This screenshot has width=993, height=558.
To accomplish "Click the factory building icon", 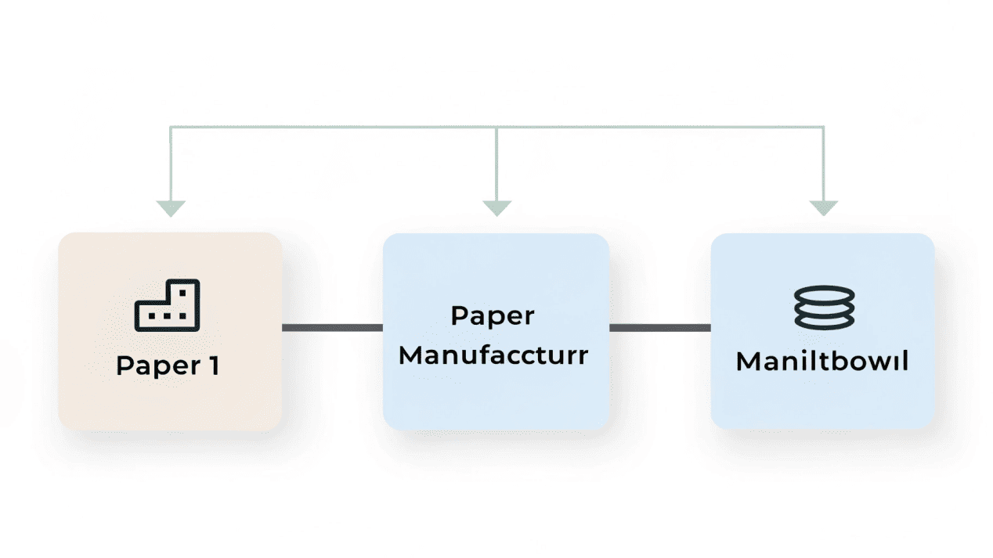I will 168,304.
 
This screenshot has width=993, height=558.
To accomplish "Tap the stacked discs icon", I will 823,307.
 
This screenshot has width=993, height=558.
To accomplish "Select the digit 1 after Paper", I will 213,365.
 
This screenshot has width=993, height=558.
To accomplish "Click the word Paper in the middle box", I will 493,316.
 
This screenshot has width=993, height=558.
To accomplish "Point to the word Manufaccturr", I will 493,355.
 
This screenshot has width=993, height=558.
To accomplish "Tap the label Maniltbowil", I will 822,362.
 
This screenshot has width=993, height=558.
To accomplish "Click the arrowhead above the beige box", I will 171,208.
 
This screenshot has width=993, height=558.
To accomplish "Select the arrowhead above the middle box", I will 496,208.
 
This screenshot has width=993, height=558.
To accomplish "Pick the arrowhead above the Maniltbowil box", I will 823,208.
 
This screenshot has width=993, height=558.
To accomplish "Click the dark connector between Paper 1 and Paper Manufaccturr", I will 332,327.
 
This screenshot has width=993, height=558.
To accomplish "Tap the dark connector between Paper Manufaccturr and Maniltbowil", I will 659,327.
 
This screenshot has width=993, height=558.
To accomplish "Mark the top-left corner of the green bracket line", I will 171,126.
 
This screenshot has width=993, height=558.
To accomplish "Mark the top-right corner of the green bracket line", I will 823,126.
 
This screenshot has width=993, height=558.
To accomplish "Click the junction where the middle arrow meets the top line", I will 496,126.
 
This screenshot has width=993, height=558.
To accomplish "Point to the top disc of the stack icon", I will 823,293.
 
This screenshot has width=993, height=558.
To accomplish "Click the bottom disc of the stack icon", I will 823,320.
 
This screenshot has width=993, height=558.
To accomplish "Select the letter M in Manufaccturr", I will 410,355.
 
